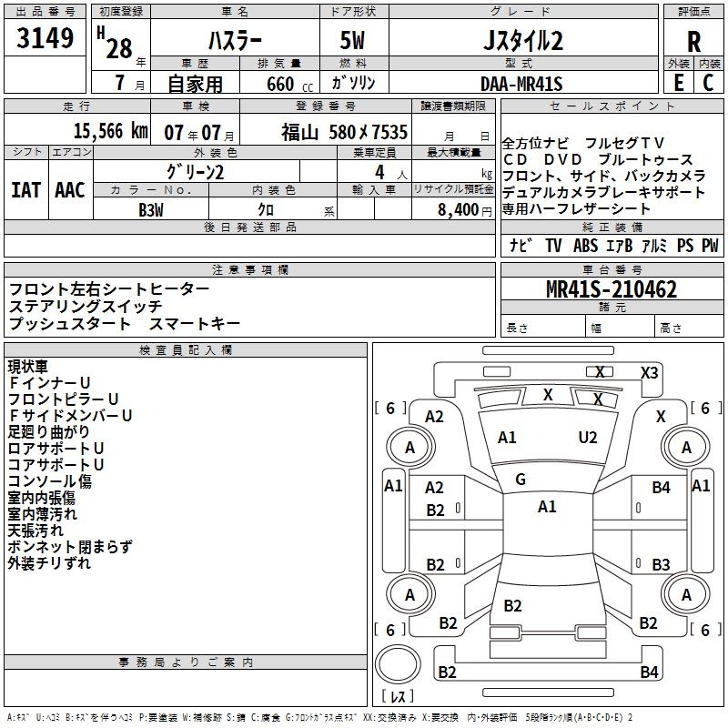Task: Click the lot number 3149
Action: (45, 39)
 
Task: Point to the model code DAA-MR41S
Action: (521, 84)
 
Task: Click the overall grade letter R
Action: (693, 42)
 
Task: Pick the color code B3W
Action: (151, 210)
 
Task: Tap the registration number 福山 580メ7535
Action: (344, 131)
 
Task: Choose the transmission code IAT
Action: (25, 190)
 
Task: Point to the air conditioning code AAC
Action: (70, 190)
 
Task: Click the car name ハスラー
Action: (237, 42)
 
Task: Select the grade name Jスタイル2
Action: (522, 42)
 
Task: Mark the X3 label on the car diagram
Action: (649, 372)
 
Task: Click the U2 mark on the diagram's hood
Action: (588, 438)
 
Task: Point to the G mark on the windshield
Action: (520, 480)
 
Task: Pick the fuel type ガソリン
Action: (354, 84)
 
